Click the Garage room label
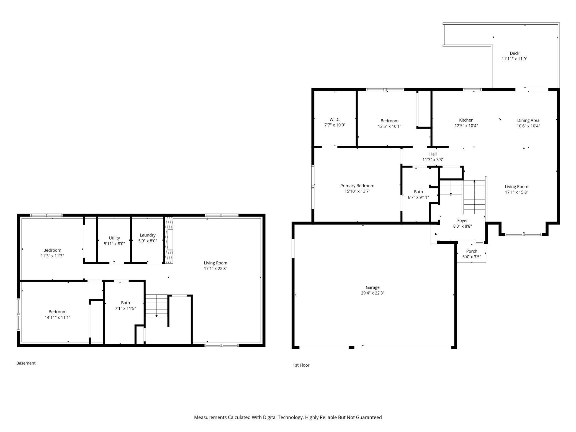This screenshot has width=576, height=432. (x=372, y=287)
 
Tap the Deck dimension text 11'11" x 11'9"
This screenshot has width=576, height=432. (x=514, y=59)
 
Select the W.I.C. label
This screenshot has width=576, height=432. (x=335, y=119)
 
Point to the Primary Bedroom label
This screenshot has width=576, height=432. (x=357, y=186)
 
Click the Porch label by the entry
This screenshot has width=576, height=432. (x=472, y=251)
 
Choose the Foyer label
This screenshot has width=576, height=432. (x=462, y=220)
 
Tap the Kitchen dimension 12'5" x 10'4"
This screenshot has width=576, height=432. (x=466, y=126)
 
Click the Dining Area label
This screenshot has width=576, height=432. (x=528, y=120)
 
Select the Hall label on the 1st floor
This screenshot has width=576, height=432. (x=433, y=154)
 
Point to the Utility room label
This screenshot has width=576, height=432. (x=114, y=238)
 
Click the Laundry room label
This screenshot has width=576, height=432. (x=148, y=235)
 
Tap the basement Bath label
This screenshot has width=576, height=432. (x=125, y=303)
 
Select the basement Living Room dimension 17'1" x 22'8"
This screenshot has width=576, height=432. (x=215, y=268)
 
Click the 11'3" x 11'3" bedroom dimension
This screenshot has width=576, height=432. (x=52, y=256)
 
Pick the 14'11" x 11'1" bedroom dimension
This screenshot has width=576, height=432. (x=58, y=317)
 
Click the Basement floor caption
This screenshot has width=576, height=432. (x=26, y=363)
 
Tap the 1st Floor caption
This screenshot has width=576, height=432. (x=301, y=365)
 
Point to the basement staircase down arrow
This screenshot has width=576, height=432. (x=156, y=315)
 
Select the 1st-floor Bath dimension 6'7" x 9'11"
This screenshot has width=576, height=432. (x=418, y=197)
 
